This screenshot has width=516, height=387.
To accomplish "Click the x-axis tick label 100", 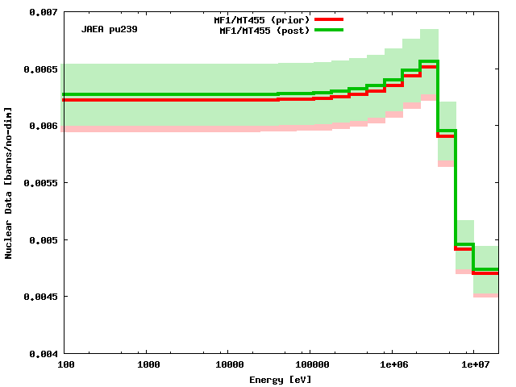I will pos(66,365).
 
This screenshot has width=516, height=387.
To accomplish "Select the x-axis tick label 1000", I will pos(148,365).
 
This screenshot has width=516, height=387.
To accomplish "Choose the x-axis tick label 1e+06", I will pos(392,365).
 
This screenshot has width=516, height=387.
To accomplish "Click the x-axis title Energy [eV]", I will pos(280,379).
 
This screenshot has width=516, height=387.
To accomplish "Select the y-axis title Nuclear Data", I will pos(9,183).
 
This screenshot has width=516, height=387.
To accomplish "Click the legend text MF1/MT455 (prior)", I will pos(267,19).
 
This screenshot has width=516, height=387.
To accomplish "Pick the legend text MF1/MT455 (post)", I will pos(264,31).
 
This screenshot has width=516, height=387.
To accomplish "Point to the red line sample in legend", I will pos(329,19).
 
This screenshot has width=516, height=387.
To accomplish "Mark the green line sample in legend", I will pos(329,30).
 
